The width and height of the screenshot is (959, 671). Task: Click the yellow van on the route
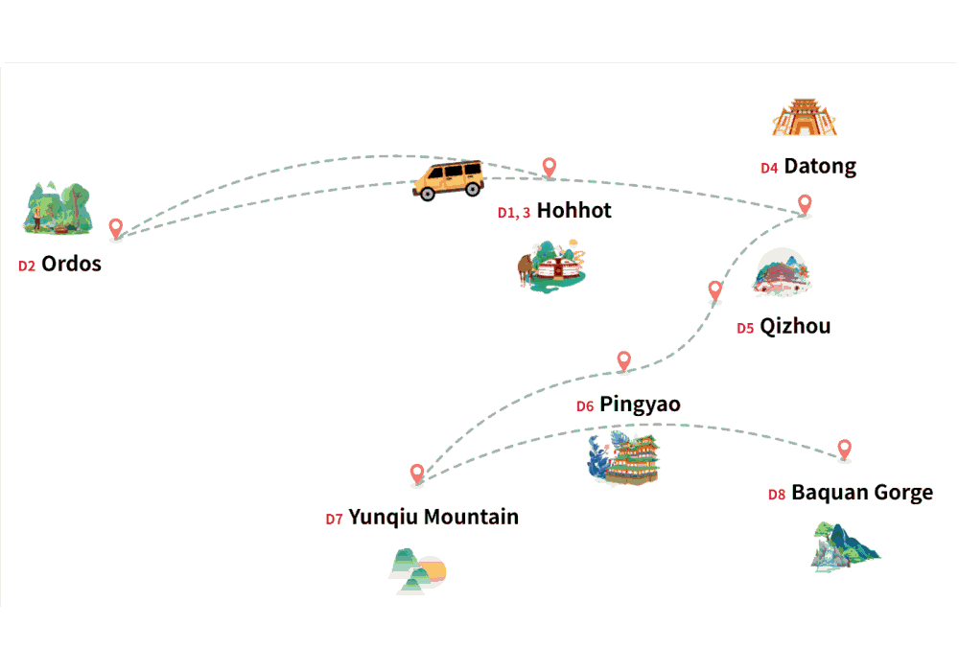449,180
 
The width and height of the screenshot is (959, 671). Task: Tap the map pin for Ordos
116,228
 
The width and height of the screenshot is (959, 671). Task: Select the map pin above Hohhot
550,167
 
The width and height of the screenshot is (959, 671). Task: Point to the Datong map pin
805,204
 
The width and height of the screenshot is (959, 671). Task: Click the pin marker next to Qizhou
714,290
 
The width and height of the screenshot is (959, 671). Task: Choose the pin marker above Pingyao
623,360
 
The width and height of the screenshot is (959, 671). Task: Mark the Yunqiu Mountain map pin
417,474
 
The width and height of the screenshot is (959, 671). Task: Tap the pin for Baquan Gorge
844,450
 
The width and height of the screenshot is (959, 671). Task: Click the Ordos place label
71,264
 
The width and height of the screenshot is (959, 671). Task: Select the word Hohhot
573,211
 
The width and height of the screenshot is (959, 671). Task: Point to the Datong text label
820,167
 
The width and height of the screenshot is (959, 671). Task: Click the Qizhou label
795,327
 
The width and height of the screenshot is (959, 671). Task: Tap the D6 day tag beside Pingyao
585,406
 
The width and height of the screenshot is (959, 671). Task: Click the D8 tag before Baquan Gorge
776,495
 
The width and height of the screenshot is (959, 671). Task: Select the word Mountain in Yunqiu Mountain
471,517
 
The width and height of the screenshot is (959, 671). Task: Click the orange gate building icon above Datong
805,117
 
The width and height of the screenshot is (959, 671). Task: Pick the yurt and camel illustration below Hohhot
551,266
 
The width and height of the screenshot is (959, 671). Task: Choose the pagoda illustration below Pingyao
624,458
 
